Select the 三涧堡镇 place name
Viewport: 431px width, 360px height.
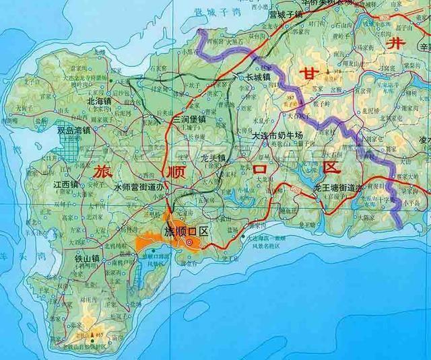pos(191,119)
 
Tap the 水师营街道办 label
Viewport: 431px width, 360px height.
pos(139,187)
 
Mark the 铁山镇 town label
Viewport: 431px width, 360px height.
pos(87,257)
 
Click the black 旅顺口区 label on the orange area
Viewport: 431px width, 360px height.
pos(188,231)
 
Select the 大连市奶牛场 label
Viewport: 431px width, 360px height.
pos(277,135)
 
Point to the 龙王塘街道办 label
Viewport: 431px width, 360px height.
pos(339,188)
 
